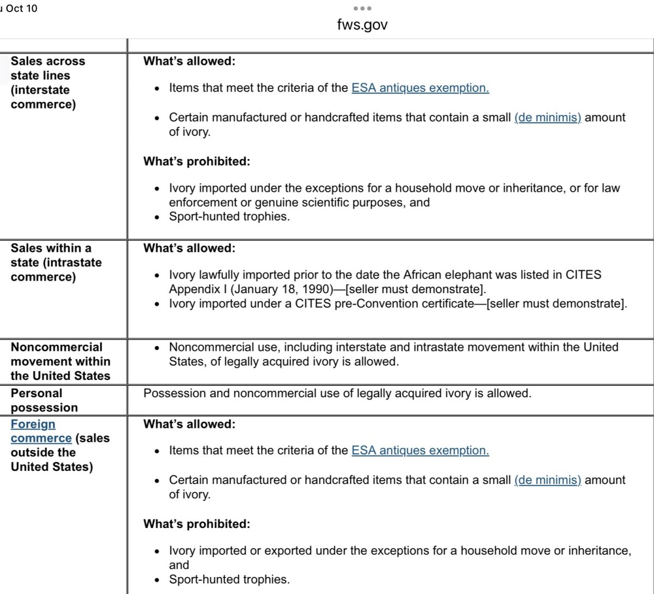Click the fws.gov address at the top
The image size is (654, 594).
(362, 25)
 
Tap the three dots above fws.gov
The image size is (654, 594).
(362, 8)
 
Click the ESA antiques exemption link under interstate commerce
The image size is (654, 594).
(420, 88)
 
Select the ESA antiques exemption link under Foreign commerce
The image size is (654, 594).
(420, 450)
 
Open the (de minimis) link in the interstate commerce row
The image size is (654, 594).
(548, 117)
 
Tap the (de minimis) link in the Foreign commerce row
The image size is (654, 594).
(548, 480)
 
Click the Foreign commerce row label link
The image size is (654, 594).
(41, 431)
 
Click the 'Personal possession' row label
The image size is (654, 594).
(44, 400)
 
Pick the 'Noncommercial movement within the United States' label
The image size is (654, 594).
(60, 361)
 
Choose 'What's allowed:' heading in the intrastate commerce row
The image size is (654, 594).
(189, 248)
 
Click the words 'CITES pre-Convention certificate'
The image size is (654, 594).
(381, 304)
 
